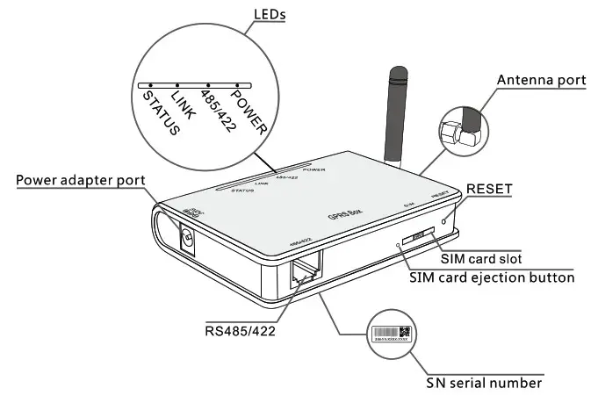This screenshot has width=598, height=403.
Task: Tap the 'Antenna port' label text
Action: coord(541,80)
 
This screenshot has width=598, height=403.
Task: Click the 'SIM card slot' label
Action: coord(480,259)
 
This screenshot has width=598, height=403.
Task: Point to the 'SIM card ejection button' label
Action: coord(493,277)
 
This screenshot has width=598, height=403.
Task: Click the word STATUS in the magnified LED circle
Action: coord(161,111)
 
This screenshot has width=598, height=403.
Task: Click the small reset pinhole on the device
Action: coord(446,219)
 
